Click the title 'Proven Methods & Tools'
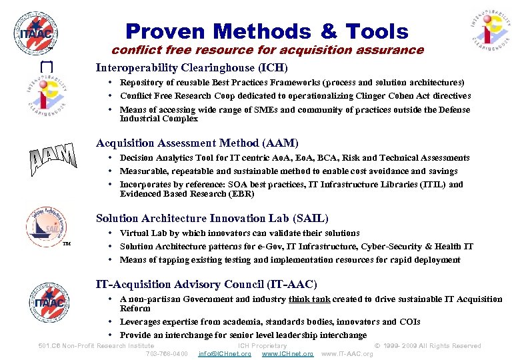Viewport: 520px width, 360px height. tap(267, 31)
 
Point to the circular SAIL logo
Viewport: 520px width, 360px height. tap(47, 227)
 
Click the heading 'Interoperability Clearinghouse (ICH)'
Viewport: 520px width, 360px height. tap(192, 67)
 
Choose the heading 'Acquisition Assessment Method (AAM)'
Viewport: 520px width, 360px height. tap(197, 143)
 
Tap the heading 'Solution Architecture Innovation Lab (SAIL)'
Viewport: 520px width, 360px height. tap(212, 218)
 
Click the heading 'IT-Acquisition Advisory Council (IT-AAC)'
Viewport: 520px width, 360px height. tap(207, 285)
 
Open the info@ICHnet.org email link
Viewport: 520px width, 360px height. tap(225, 353)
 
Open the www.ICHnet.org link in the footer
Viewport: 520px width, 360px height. tap(287, 353)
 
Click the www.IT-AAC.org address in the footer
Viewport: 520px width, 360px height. tap(347, 353)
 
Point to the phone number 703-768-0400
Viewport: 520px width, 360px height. tap(167, 353)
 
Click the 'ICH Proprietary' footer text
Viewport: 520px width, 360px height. tap(263, 345)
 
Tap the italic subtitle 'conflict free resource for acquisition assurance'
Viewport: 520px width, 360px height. tap(267, 50)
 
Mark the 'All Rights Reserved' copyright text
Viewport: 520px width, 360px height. tap(448, 345)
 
